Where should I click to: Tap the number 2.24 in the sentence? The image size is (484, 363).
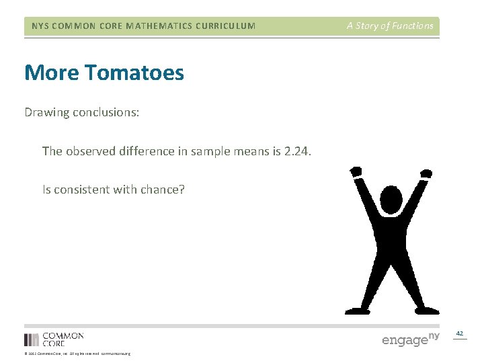[x=298, y=151]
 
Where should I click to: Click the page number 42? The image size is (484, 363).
[x=460, y=333]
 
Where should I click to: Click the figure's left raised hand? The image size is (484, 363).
[x=356, y=172]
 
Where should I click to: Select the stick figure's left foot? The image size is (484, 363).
[x=356, y=310]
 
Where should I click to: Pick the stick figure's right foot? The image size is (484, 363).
[x=428, y=310]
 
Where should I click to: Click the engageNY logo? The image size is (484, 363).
[x=410, y=339]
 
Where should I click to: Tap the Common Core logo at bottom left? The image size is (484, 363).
[x=54, y=339]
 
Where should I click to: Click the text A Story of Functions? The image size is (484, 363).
[x=390, y=26]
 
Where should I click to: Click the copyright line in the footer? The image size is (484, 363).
[x=77, y=354]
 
